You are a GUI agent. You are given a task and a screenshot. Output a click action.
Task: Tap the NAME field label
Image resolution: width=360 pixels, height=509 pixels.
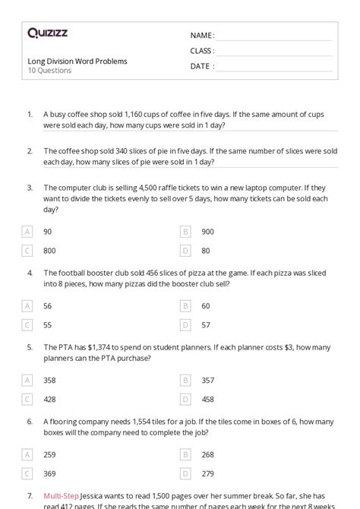202,36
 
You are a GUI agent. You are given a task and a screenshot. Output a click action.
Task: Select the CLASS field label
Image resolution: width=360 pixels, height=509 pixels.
202,51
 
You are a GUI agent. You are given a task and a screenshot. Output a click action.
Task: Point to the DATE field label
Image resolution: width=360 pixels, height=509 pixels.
201,66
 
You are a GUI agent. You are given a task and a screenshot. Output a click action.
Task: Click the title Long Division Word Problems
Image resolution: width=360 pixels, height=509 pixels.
77,61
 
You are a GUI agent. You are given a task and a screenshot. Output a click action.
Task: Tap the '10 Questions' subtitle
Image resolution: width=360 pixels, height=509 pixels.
49,71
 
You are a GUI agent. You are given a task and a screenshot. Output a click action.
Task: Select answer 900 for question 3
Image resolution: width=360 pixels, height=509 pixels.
207,231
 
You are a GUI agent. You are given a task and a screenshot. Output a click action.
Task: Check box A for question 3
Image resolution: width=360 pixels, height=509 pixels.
27,231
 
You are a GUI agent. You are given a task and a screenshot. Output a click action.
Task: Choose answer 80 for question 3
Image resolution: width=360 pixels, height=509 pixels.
205,250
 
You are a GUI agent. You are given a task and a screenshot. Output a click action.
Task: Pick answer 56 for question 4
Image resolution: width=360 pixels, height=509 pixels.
48,305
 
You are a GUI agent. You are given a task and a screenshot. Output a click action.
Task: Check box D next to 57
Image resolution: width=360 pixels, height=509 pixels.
185,324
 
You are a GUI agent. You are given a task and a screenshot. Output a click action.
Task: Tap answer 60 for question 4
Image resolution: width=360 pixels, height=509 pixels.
205,305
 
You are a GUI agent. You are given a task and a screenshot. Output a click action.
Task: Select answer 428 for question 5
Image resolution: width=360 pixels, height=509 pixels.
49,399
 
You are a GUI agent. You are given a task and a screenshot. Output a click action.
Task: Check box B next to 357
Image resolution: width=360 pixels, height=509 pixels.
185,380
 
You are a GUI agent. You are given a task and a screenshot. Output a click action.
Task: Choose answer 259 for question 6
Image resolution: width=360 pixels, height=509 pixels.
49,454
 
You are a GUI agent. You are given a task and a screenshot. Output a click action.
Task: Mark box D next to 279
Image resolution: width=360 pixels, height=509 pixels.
185,473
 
